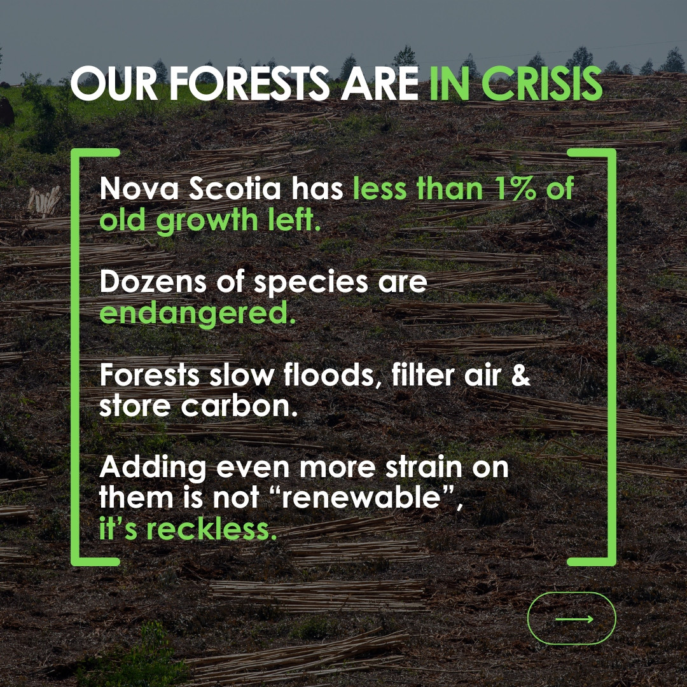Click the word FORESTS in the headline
click(x=249, y=84)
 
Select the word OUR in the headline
click(x=114, y=84)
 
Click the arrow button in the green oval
click(x=571, y=618)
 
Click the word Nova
click(x=139, y=189)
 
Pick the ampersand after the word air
click(x=520, y=375)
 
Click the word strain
click(x=424, y=467)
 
